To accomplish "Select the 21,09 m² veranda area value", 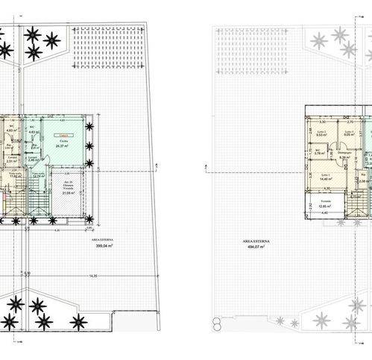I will [66, 192].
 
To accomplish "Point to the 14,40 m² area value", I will [325, 180].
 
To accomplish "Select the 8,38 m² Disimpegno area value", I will [345, 158].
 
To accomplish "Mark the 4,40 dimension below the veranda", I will [325, 214].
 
